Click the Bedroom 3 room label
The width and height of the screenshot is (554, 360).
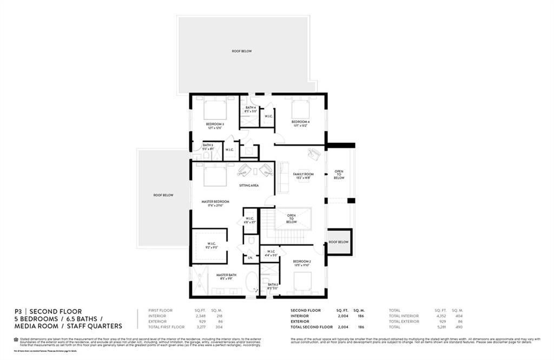[215, 124]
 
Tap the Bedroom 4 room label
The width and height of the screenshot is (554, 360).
[300, 122]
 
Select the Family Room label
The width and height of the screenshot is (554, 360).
[304, 174]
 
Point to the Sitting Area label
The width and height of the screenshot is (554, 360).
[249, 185]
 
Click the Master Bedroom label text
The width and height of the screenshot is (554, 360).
[215, 201]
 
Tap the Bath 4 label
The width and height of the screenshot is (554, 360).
[250, 108]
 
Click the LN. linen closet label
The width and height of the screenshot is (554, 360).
[250, 258]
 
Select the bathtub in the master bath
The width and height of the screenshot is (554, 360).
[252, 283]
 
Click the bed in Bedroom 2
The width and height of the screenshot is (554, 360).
[302, 282]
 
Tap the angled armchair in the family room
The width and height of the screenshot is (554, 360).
[313, 154]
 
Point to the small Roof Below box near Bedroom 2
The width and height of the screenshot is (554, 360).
[339, 242]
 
